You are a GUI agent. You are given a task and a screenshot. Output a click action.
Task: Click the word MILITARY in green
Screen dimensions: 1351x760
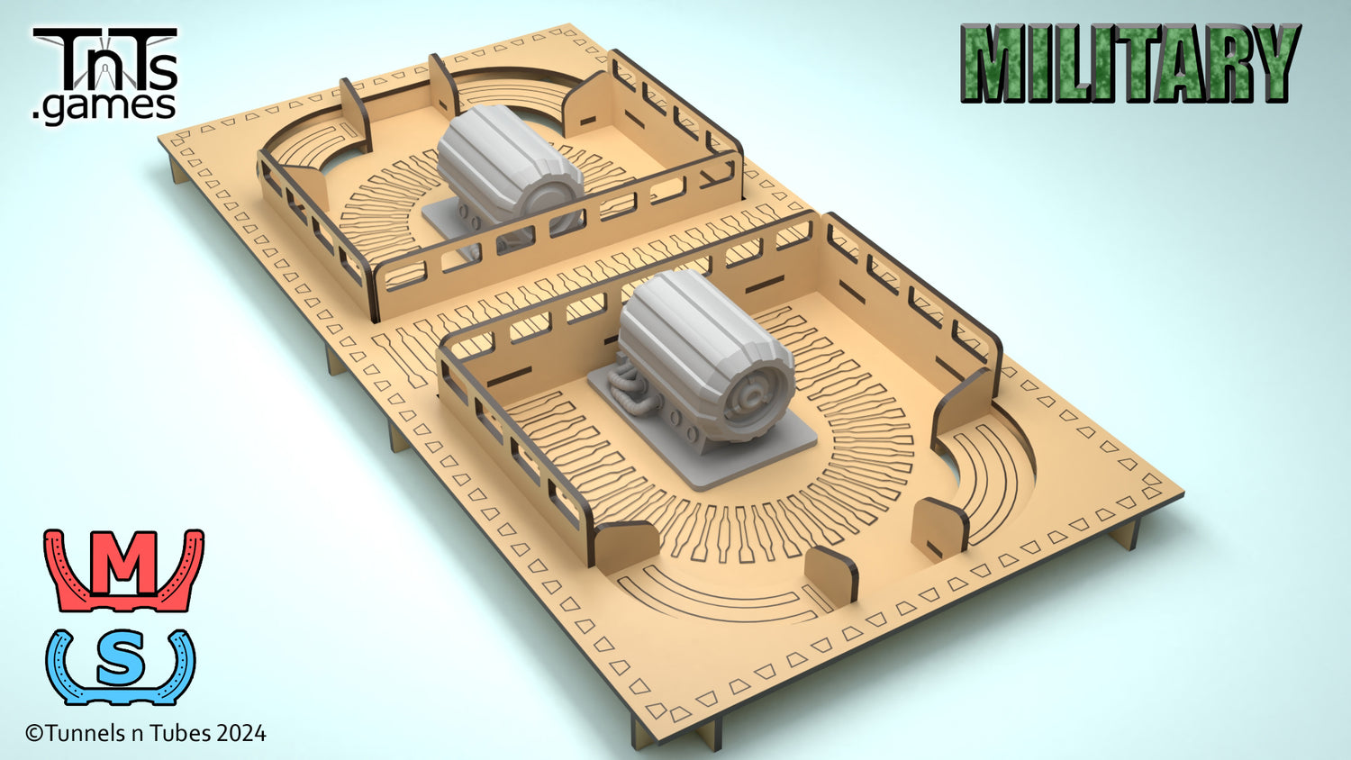pyautogui.click(x=1130, y=63)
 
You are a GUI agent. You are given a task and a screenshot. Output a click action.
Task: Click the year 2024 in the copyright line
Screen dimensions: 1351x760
pyautogui.click(x=241, y=734)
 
